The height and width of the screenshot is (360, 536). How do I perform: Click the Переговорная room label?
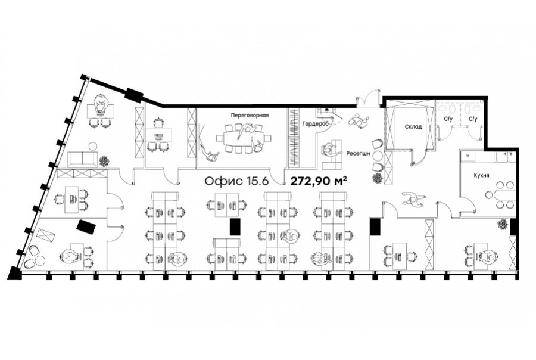tap(250, 115)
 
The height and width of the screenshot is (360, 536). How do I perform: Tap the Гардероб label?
tap(315, 124)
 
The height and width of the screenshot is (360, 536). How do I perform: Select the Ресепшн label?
tap(358, 154)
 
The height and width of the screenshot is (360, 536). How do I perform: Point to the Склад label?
tap(413, 126)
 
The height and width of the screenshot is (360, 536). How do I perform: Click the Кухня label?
tap(481, 175)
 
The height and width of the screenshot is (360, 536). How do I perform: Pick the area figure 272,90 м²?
tap(319, 181)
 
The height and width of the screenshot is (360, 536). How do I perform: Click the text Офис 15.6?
tap(236, 181)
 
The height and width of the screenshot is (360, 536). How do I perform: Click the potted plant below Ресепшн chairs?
tap(377, 178)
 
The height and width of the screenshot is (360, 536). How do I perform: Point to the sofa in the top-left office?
tap(83, 159)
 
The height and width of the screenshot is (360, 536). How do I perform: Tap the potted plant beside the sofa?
tap(104, 160)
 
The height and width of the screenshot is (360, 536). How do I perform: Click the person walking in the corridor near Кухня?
tap(413, 199)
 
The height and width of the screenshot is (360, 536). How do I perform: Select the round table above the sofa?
tap(93, 147)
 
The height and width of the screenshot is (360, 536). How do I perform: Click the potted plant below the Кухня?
tap(502, 225)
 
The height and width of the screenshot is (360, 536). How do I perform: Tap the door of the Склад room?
tap(419, 157)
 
